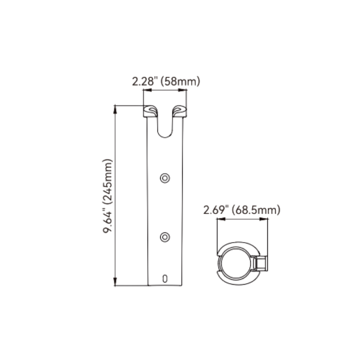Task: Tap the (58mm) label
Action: pos(180,81)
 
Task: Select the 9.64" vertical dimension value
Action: pos(107,220)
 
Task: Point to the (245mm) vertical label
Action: pos(107,181)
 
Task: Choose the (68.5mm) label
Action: pos(256,210)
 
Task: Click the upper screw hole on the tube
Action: pos(165,178)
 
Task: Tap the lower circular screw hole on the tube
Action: pos(165,237)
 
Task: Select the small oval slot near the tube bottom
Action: pos(165,279)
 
